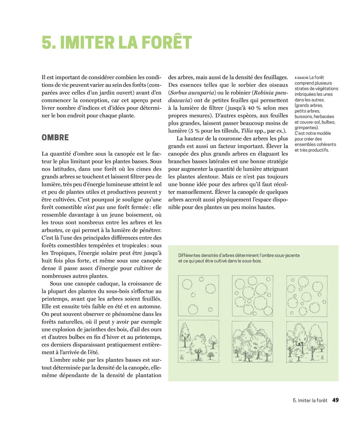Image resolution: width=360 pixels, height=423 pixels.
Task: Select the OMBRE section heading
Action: click(x=55, y=138)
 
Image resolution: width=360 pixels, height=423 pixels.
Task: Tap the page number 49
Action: click(x=336, y=400)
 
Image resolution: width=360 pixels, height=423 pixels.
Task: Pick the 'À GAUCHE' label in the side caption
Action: click(x=301, y=78)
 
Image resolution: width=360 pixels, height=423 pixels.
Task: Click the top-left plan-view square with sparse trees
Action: click(x=198, y=295)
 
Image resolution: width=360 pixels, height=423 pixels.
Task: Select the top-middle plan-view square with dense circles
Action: click(x=252, y=295)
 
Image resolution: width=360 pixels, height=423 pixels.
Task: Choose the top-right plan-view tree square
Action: click(x=307, y=296)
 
